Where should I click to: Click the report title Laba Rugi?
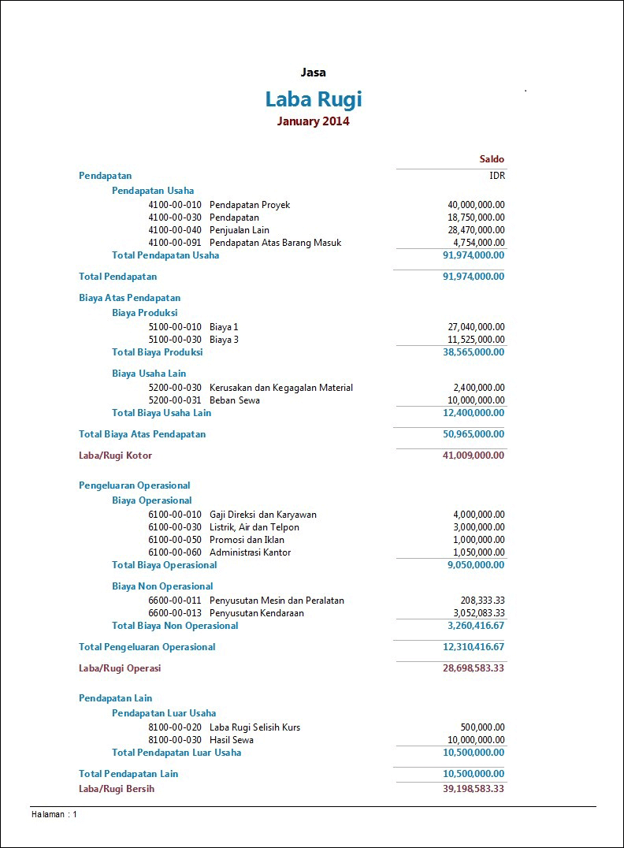pos(313,99)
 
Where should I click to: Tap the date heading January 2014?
pos(313,121)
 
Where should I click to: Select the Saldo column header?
pos(492,159)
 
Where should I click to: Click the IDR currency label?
pos(496,176)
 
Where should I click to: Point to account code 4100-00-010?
pos(175,205)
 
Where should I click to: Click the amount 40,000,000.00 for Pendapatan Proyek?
pos(476,205)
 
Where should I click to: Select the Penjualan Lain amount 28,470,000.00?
pos(476,230)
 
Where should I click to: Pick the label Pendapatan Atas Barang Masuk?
pos(275,243)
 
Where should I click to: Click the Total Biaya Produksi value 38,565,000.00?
pos(474,352)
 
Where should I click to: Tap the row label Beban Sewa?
pos(235,400)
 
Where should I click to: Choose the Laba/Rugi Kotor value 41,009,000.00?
pos(474,456)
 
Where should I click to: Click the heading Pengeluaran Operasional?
pos(135,485)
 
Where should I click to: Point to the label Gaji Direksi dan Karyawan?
pos(263,515)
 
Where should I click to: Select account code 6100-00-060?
pos(175,552)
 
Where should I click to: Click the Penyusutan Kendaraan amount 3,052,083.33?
pos(479,613)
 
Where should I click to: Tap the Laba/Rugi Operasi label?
pos(120,668)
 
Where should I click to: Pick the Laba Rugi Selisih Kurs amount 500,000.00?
pos(482,727)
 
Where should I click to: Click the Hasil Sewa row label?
pos(232,740)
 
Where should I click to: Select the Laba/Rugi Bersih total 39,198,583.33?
pos(474,789)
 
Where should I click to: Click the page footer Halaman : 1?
pos(54,814)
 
